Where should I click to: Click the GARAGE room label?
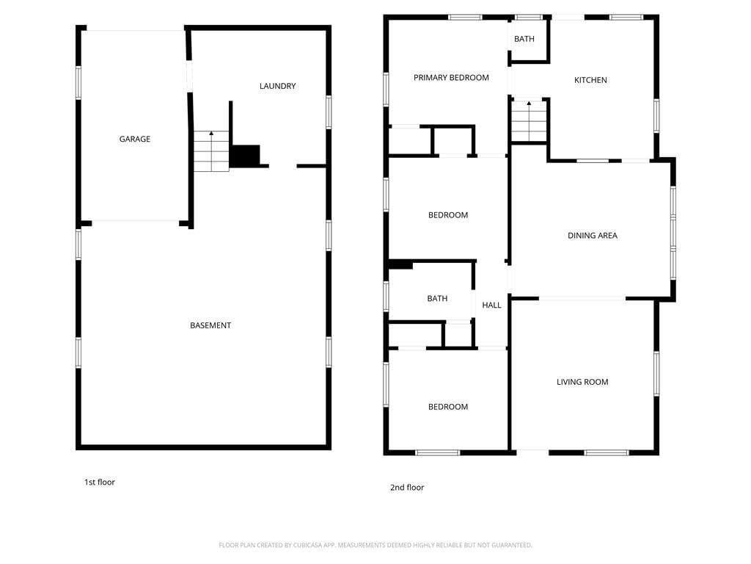135,139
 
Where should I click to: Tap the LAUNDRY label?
278,87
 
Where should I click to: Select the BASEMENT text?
210,325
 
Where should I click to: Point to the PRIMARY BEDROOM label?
451,78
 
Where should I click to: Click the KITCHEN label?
590,80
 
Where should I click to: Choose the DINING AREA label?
593,236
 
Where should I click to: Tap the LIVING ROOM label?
582,382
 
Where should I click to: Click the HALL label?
491,305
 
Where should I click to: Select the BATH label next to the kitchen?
524,39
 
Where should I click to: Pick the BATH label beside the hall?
437,298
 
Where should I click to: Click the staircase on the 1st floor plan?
211,151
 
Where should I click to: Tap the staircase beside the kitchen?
529,121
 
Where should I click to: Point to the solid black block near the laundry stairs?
245,156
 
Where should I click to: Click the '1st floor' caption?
100,482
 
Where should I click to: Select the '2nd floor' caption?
407,488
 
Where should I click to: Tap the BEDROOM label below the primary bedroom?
448,215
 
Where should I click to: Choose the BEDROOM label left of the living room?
448,407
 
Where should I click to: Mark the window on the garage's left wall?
78,83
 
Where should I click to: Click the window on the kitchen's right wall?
656,116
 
